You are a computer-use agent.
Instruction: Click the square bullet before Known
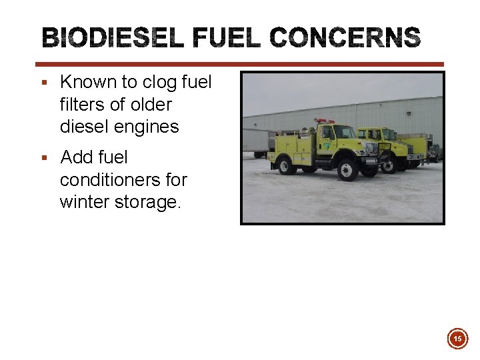(44, 83)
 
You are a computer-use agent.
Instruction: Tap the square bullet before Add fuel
(44, 159)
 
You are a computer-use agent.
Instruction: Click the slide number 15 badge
(457, 339)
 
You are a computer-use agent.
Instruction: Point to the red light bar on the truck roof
(325, 121)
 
